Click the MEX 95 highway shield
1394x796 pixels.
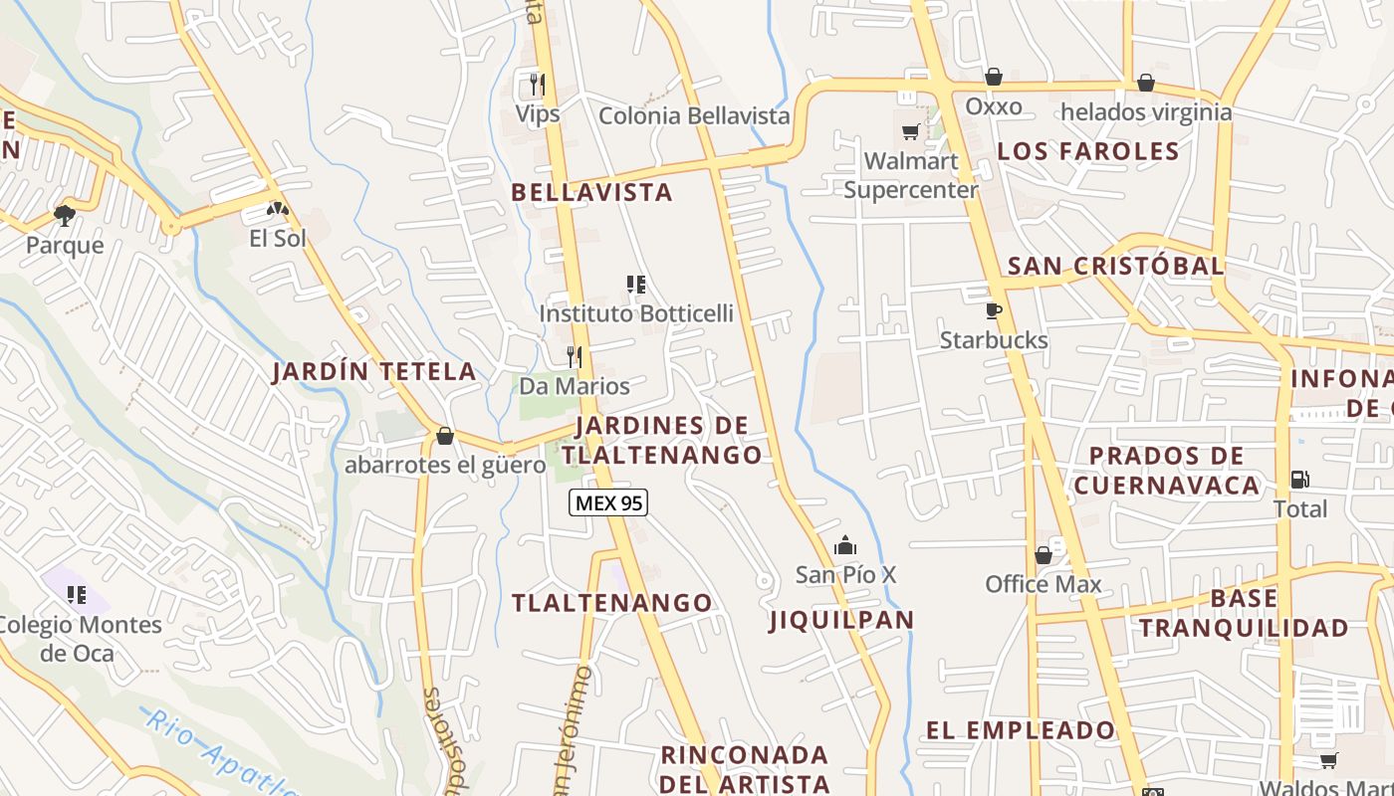(608, 503)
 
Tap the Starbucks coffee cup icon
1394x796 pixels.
(993, 310)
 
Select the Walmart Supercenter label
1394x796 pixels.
(911, 175)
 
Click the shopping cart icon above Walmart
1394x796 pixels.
(910, 131)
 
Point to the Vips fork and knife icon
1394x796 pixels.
(537, 84)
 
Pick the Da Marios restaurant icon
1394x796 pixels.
(575, 356)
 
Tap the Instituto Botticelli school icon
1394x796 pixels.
(636, 285)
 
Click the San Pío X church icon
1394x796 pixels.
(845, 545)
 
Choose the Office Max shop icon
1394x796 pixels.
(1044, 554)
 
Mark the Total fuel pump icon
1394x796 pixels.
(1299, 479)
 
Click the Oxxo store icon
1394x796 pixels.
(993, 77)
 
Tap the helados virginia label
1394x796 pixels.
(1146, 111)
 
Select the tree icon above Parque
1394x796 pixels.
(65, 215)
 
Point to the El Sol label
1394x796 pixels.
(278, 239)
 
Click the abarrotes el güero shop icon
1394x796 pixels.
(445, 436)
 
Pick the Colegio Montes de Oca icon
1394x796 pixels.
(76, 595)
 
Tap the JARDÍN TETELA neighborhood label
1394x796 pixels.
(374, 372)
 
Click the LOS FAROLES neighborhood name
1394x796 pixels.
(1088, 151)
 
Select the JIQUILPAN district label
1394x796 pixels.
(841, 620)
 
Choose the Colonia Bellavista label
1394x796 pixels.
(694, 116)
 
